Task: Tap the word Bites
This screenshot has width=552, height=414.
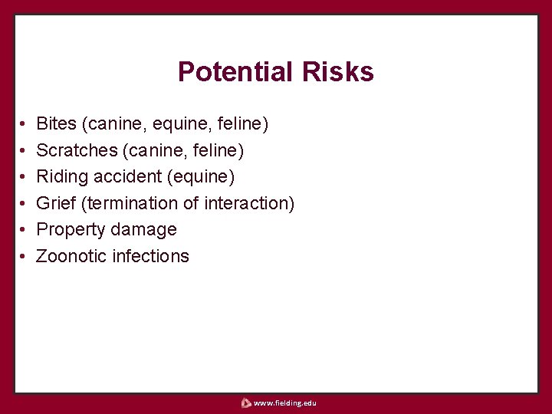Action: (x=57, y=123)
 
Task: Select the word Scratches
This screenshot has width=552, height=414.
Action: (x=77, y=149)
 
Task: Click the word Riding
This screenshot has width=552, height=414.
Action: (x=62, y=176)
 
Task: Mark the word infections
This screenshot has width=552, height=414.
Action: (x=150, y=256)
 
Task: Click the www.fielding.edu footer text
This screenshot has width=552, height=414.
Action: (x=284, y=402)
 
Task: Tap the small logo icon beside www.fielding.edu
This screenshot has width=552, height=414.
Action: (x=245, y=402)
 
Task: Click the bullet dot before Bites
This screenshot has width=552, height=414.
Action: (x=24, y=123)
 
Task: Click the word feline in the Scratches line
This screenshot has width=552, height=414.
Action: (x=218, y=149)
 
